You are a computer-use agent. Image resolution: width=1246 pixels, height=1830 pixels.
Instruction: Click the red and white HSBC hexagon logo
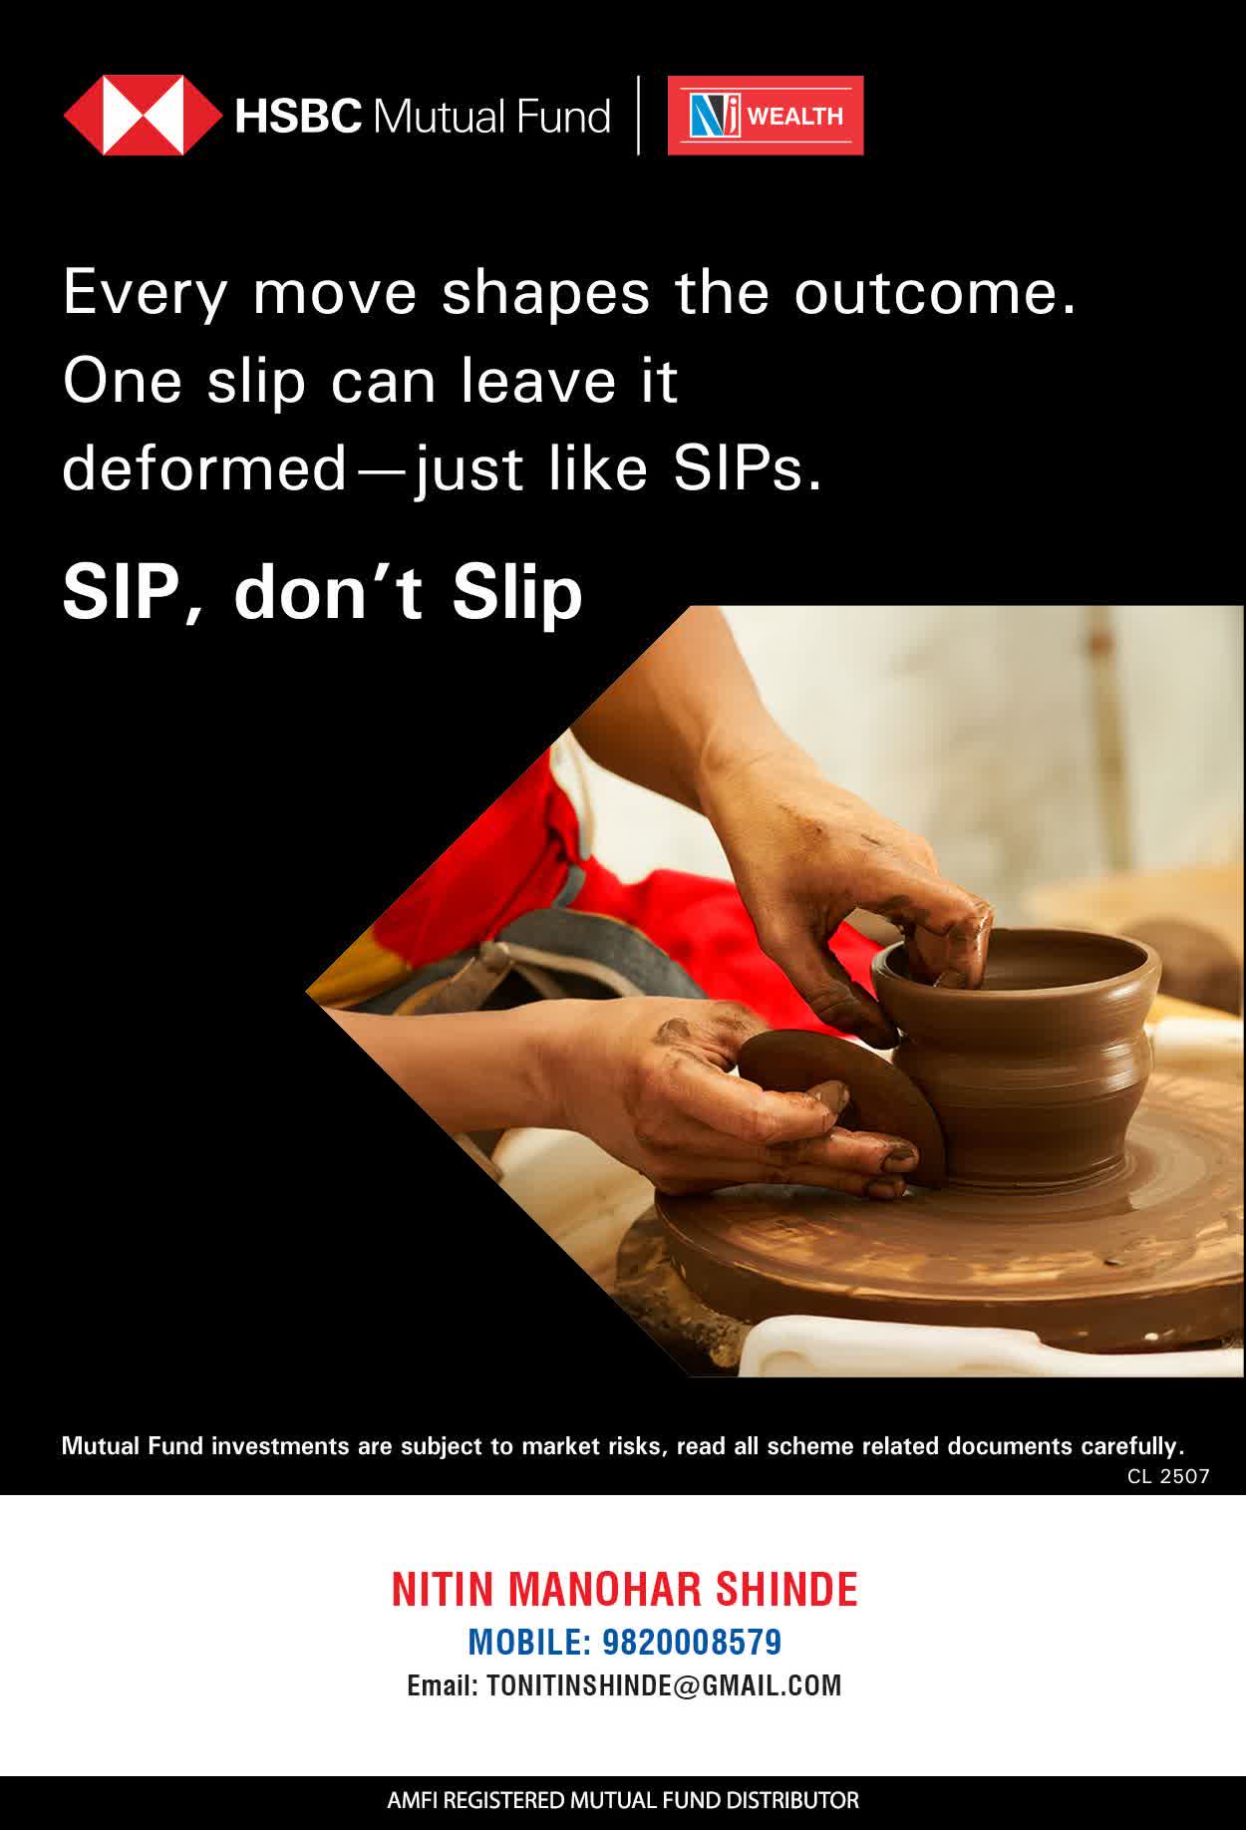(x=143, y=116)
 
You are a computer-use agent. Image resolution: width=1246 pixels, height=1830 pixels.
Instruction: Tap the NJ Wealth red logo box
(x=766, y=116)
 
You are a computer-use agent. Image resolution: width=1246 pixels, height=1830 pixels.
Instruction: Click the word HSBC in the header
(x=298, y=117)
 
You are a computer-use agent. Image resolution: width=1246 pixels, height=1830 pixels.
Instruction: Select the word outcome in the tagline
(x=935, y=293)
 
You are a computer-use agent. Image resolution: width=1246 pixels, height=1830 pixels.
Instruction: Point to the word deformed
(x=204, y=467)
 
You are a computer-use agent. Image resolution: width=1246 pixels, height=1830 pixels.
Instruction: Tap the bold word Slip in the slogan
(x=516, y=594)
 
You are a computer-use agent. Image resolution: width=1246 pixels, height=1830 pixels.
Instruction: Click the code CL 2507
(x=1168, y=1476)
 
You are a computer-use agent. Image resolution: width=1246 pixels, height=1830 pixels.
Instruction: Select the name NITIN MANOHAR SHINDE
(x=624, y=1589)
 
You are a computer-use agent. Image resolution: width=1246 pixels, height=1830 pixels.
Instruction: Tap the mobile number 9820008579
(x=692, y=1642)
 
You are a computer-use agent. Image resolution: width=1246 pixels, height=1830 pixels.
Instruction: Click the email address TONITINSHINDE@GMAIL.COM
(x=664, y=1685)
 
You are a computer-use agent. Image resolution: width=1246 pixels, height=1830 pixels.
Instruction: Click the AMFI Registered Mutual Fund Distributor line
(x=623, y=1801)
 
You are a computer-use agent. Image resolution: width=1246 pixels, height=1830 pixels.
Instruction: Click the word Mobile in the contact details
(x=528, y=1642)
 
